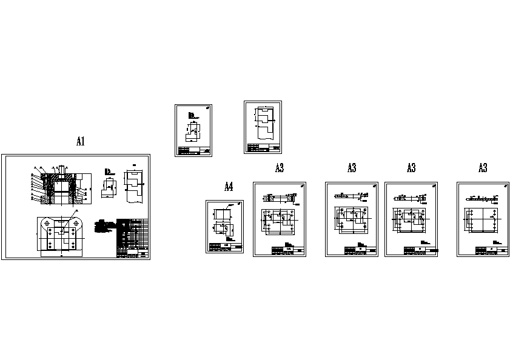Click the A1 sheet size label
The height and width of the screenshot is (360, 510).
click(80, 142)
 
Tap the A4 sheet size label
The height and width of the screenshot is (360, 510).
click(229, 187)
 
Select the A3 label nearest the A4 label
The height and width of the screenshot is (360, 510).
click(280, 168)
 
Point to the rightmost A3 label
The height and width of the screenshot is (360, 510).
click(483, 168)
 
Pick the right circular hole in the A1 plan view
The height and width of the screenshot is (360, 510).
click(76, 223)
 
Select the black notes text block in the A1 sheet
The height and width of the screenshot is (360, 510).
click(103, 228)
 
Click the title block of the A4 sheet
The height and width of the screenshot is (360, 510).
click(225, 247)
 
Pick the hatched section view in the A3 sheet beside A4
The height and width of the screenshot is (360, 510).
click(279, 198)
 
